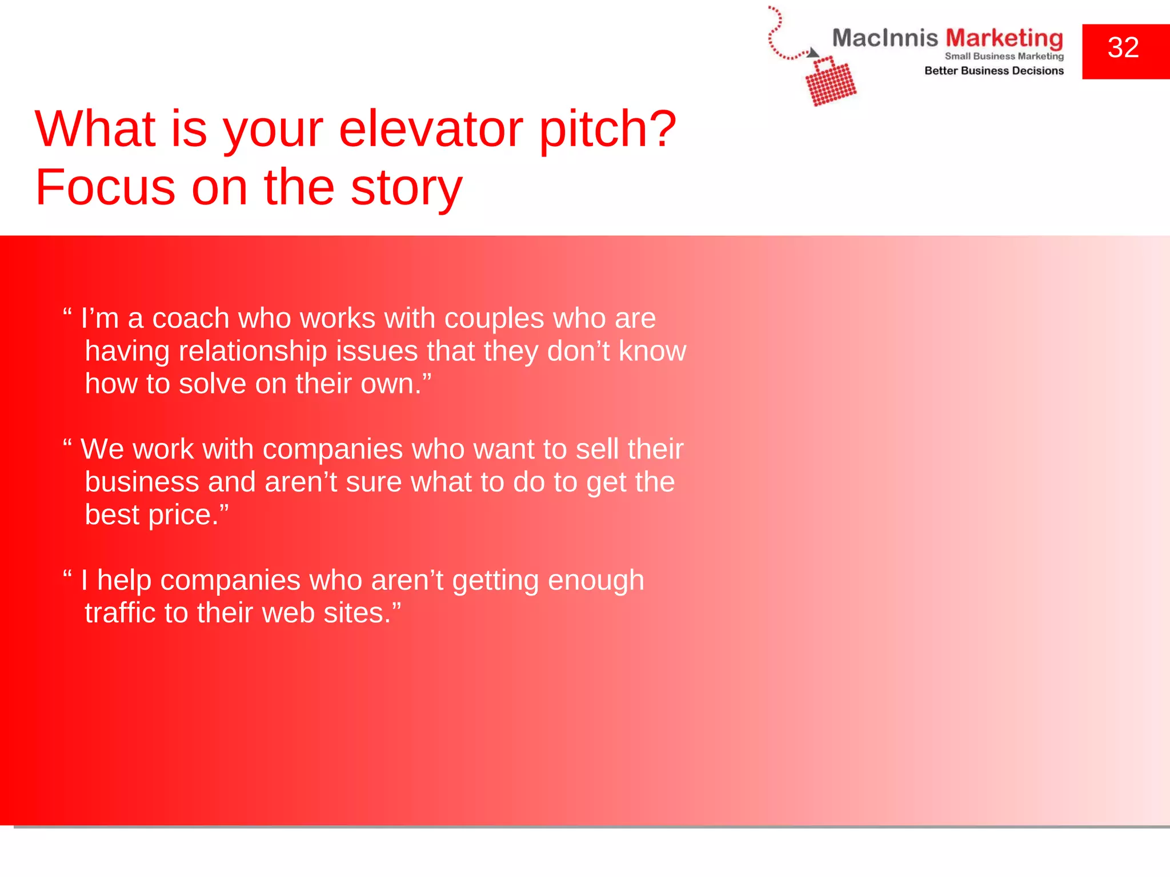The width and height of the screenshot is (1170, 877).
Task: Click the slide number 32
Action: (x=1123, y=47)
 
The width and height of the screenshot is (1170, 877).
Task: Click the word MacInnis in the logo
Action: (x=884, y=38)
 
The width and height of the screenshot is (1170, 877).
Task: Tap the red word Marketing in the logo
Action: (x=1004, y=38)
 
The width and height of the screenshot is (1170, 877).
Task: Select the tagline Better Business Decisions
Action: (x=993, y=71)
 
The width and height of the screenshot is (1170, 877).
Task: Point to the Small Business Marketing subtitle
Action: (x=1004, y=56)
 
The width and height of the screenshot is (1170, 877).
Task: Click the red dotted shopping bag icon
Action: (x=831, y=83)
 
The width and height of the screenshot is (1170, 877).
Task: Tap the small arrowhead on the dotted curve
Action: (x=812, y=53)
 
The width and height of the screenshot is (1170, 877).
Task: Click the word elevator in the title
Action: (x=430, y=129)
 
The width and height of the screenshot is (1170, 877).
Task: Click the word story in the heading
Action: (x=406, y=188)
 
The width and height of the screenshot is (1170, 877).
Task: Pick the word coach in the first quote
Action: (x=190, y=319)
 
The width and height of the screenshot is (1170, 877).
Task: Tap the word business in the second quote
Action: (x=142, y=482)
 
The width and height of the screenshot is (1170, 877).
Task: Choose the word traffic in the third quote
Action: (x=120, y=613)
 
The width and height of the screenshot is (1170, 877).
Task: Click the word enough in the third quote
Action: (x=596, y=581)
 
